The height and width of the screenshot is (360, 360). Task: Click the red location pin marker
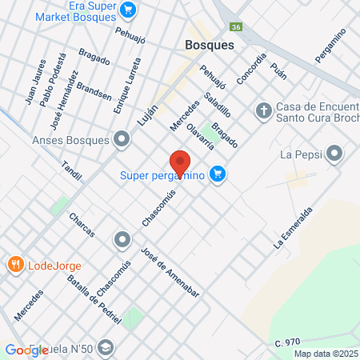(x=179, y=162)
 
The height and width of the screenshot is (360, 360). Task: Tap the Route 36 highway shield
(x=236, y=26)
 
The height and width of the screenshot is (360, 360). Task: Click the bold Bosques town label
(x=209, y=46)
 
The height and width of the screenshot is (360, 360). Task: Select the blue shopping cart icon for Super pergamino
(x=216, y=174)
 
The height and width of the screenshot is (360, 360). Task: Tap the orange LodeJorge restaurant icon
(x=14, y=264)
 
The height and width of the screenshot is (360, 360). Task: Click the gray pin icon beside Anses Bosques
(x=122, y=140)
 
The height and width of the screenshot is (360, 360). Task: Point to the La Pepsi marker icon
(x=335, y=152)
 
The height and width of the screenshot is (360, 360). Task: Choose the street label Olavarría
(x=200, y=136)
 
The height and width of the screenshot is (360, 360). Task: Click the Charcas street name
(x=82, y=225)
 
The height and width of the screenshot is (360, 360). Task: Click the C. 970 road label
(x=286, y=343)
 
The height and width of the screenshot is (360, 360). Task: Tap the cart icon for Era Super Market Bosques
(x=127, y=10)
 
